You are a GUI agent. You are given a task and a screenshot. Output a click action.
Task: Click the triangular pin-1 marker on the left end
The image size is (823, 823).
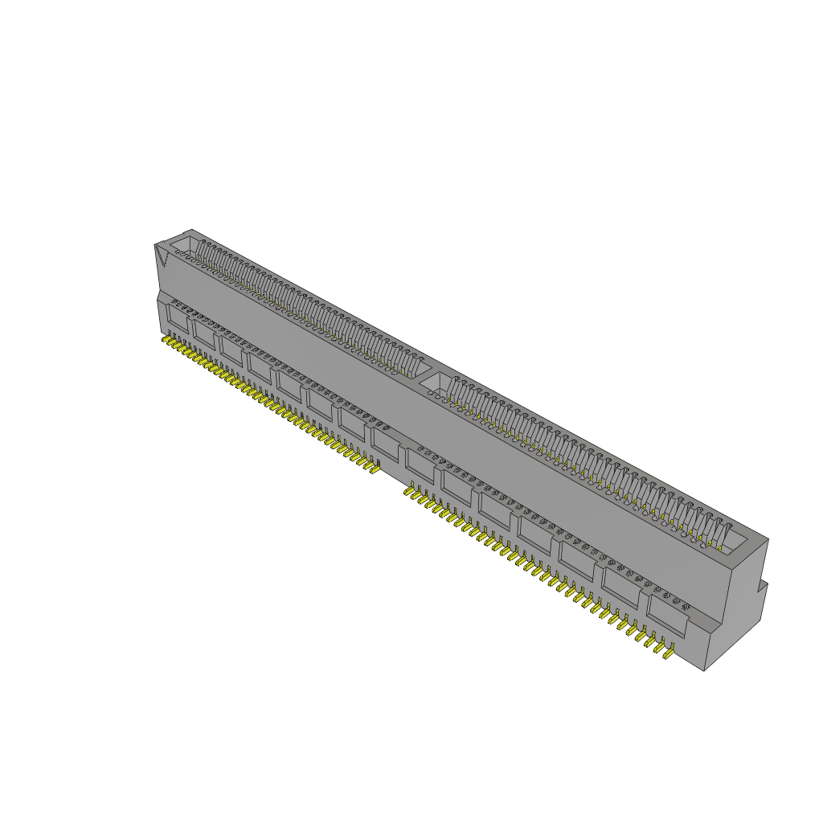click(162, 256)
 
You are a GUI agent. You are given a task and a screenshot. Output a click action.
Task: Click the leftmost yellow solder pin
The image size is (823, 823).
click(166, 342)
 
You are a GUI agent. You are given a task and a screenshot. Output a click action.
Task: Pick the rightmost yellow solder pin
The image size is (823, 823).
click(667, 652)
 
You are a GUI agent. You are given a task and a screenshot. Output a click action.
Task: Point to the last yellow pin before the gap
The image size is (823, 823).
click(374, 467)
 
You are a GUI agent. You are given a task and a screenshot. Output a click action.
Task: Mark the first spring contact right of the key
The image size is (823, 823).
click(455, 391)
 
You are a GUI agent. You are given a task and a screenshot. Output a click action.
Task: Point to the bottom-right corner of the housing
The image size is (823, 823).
click(704, 670)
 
